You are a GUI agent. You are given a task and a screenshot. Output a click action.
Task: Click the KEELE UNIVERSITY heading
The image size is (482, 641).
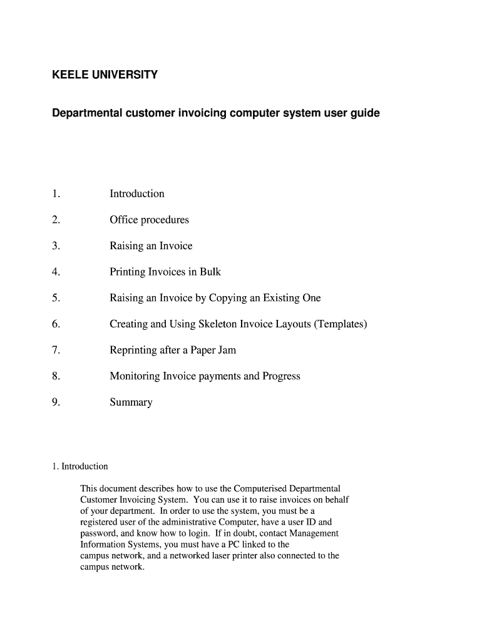click(105, 75)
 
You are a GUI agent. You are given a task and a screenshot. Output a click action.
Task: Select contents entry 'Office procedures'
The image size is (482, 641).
click(149, 220)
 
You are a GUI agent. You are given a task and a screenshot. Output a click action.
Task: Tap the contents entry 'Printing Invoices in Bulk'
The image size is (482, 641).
click(165, 272)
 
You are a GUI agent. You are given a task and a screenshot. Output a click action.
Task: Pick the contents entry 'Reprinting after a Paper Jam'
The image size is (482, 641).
click(173, 350)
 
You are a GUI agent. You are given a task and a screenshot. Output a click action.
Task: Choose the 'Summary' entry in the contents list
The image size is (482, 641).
click(131, 403)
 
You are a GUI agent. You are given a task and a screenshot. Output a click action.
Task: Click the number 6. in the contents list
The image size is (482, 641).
click(56, 324)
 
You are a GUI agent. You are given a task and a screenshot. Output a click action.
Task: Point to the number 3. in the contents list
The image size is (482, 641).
click(56, 246)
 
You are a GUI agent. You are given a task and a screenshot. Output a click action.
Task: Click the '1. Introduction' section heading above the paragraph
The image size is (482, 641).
click(80, 466)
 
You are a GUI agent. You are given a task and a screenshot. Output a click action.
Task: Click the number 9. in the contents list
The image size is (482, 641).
click(56, 403)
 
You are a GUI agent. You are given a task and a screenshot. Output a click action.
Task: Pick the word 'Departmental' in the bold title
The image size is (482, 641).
click(88, 114)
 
